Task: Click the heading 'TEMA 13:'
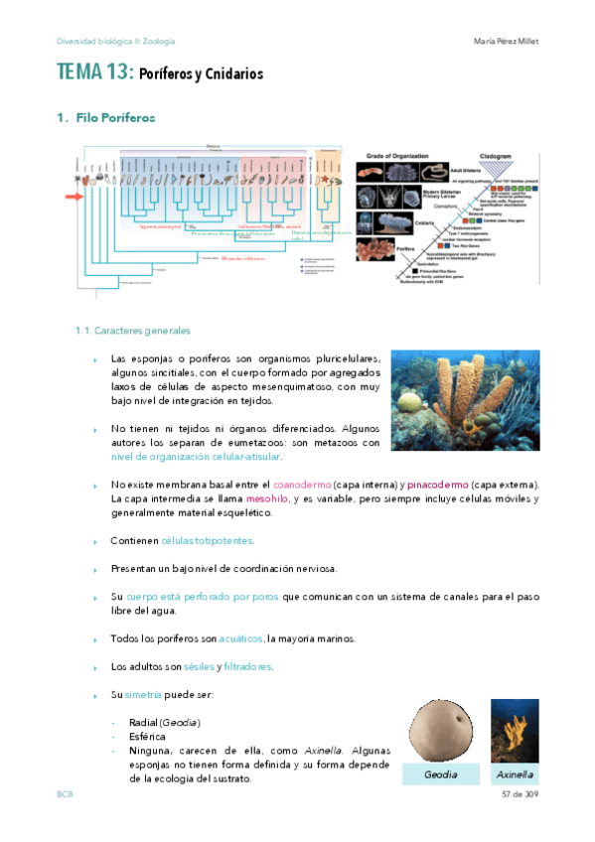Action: [x=93, y=72]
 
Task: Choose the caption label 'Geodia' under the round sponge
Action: [x=440, y=774]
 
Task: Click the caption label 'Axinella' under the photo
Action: [x=515, y=774]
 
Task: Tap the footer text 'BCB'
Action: [x=65, y=797]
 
